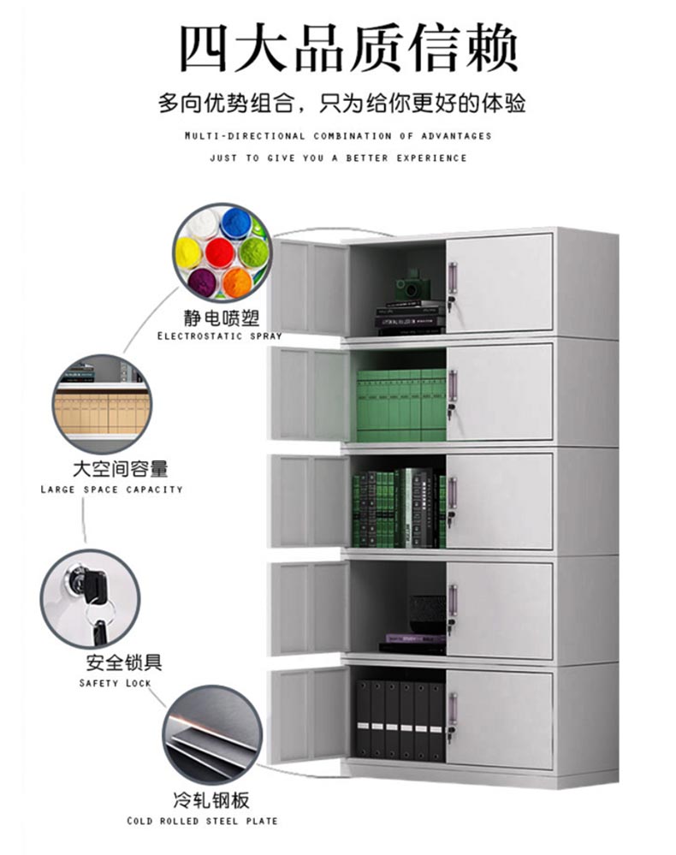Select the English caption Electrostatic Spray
click(x=219, y=336)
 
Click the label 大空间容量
click(x=120, y=469)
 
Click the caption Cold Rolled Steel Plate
click(x=202, y=821)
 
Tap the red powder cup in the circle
click(x=220, y=252)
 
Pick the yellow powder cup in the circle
click(x=189, y=252)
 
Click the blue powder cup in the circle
click(x=235, y=224)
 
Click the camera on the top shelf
click(x=410, y=286)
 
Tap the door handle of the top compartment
click(x=453, y=280)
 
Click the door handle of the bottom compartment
click(x=453, y=710)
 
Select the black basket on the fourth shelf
click(x=425, y=613)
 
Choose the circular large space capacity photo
click(x=103, y=404)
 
